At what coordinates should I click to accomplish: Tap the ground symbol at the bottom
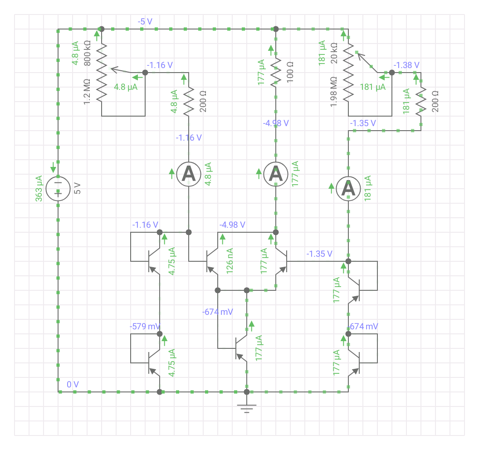(x=247, y=408)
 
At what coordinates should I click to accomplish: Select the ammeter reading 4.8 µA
(x=189, y=174)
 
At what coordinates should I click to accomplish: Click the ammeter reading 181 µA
(x=348, y=189)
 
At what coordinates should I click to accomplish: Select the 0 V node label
(x=73, y=385)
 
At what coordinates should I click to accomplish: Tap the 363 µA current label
(x=39, y=188)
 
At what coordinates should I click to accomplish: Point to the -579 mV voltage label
(x=144, y=327)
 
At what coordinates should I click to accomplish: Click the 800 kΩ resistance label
(x=88, y=54)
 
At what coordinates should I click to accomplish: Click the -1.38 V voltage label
(x=406, y=65)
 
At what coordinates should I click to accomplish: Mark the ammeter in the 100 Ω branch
(x=276, y=174)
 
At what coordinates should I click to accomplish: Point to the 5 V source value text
(x=77, y=188)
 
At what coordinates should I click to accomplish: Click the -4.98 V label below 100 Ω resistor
(x=276, y=123)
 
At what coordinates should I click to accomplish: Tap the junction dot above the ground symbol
(x=247, y=392)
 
